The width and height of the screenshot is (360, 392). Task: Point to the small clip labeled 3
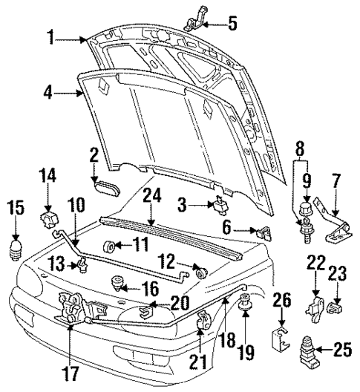click(x=220, y=205)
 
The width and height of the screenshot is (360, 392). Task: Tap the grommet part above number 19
click(x=246, y=303)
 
